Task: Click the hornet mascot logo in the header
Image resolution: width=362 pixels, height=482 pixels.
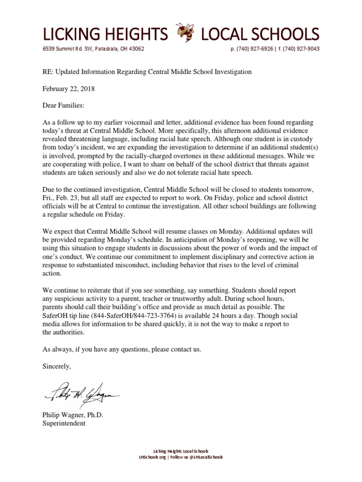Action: pyautogui.click(x=184, y=33)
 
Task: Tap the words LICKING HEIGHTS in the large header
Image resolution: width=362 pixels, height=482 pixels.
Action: pyautogui.click(x=105, y=34)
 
